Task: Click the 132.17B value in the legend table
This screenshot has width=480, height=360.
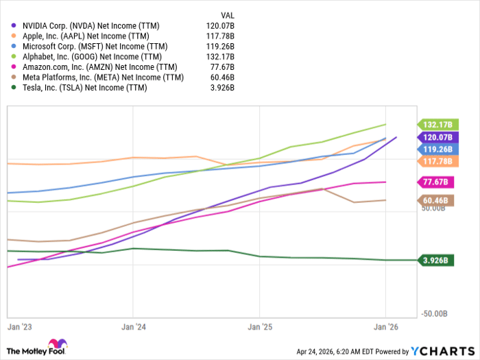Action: [222, 56]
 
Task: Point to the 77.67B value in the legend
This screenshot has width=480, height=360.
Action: [224, 67]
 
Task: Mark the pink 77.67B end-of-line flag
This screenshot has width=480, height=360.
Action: [434, 182]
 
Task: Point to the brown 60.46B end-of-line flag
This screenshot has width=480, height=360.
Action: [434, 201]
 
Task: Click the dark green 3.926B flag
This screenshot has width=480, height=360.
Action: [434, 261]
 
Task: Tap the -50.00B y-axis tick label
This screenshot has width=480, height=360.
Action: [434, 313]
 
